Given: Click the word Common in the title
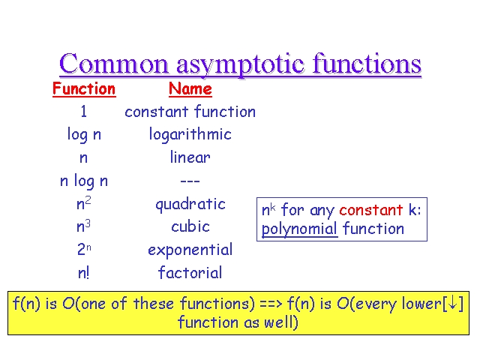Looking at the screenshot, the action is coord(114,64).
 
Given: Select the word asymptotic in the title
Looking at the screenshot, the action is coord(240,65).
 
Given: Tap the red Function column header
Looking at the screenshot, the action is coord(84,88).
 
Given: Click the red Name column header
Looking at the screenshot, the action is coord(190,88).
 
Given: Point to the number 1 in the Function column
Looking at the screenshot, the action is coord(83,111).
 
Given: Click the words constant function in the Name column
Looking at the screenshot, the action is coord(190,111).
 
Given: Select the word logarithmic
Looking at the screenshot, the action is coord(190,135).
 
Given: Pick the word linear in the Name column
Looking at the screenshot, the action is coord(190,157).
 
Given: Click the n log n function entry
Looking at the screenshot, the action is coord(84,181).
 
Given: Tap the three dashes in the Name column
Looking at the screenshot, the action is coord(190,181).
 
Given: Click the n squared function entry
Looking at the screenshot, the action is coord(84,203).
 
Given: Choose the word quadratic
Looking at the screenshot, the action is coord(190,205).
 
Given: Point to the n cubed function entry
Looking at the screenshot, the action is coord(83,226).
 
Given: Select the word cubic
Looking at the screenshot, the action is coord(190,226).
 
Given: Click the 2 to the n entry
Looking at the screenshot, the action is coord(84,249).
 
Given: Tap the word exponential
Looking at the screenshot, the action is coord(190,250).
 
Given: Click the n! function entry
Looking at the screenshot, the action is coord(83,273).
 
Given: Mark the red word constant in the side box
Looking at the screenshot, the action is coord(371,210).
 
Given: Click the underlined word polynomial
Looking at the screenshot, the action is coord(299,229).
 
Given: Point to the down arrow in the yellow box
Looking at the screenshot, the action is coord(452,303).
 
